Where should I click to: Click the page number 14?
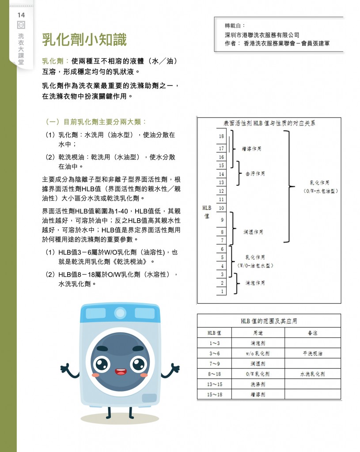(21, 15)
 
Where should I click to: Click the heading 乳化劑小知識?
(84, 40)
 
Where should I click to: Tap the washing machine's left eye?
(102, 364)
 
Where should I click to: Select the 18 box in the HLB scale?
(221, 136)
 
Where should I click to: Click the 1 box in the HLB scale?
(221, 291)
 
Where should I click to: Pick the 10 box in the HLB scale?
(221, 208)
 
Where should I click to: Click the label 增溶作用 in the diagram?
(251, 149)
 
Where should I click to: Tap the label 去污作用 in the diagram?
(255, 174)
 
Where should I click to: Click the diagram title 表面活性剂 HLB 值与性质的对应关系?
(269, 124)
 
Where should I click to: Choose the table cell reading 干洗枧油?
(312, 353)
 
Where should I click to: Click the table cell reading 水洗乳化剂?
(312, 374)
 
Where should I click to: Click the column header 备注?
(312, 332)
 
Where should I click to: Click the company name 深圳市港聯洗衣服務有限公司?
(262, 35)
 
